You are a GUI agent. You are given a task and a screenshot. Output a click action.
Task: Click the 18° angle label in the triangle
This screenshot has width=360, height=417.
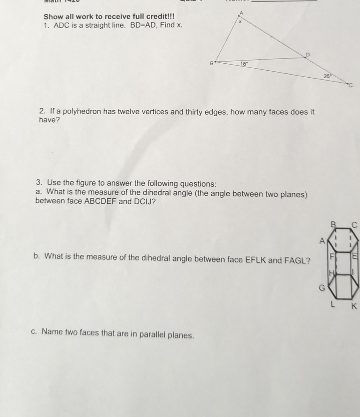[244, 64]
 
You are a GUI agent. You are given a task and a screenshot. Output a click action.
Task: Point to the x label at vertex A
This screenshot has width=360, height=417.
[240, 21]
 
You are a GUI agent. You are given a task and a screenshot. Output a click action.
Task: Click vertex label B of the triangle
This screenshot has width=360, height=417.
[211, 63]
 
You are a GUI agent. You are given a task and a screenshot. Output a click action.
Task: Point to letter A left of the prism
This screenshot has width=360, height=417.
[322, 240]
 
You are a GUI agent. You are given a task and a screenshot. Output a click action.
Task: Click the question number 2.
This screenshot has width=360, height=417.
[42, 112]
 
